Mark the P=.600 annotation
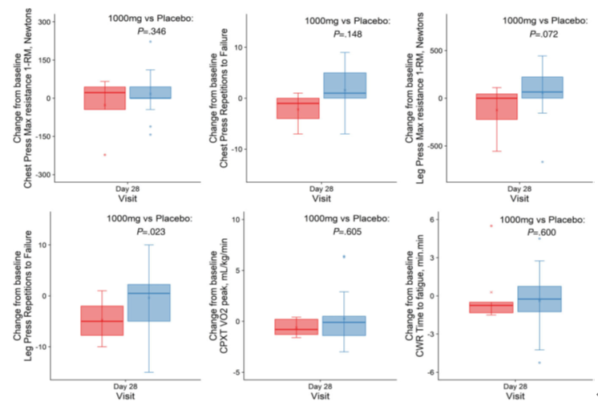click(x=542, y=233)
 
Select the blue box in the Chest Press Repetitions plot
click(x=345, y=85)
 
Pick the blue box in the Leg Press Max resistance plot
click(x=542, y=87)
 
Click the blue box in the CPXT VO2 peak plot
click(x=345, y=325)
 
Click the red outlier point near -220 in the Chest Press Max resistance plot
click(x=104, y=154)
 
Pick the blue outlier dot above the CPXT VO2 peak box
click(x=345, y=257)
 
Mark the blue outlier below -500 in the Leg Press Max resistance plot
click(x=542, y=162)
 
